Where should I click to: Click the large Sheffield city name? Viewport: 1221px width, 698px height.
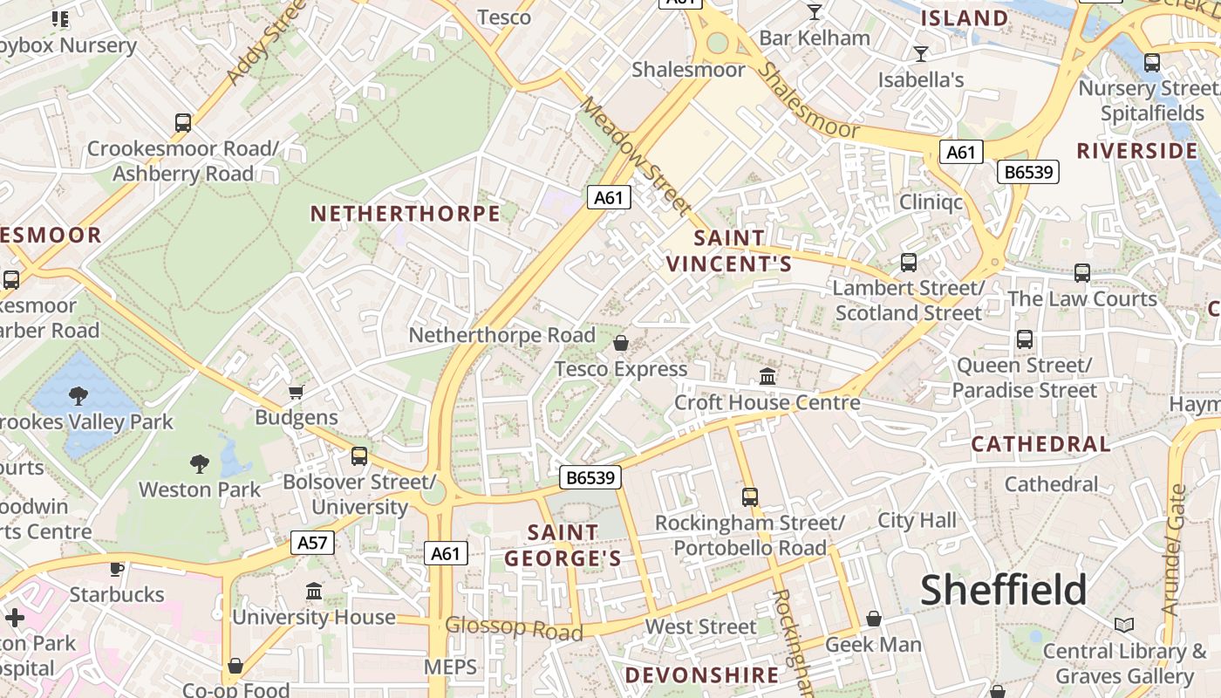(1004, 591)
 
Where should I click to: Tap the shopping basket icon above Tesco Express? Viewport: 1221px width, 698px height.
(621, 343)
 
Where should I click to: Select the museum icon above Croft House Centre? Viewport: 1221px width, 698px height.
(767, 376)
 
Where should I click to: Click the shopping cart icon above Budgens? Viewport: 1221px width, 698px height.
(297, 392)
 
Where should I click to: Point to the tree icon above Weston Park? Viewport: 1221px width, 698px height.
(200, 463)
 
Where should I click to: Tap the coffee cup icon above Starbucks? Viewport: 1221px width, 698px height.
(116, 569)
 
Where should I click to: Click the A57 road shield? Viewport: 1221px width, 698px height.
(312, 543)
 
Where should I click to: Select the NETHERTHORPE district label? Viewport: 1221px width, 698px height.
(406, 214)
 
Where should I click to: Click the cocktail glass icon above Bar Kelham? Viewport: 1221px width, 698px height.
(815, 12)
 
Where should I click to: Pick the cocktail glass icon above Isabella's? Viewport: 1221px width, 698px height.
(921, 54)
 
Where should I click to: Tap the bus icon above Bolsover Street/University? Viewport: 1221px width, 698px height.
(358, 455)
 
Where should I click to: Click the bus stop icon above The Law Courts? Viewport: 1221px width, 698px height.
(1082, 273)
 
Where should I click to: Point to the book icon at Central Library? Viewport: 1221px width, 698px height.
(1124, 625)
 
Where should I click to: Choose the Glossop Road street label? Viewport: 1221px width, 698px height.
(513, 627)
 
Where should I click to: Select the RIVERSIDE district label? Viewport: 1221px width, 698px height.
(1137, 151)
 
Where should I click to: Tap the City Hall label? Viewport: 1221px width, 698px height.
(917, 521)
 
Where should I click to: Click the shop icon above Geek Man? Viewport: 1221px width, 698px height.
(873, 619)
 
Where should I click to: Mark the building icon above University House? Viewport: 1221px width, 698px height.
(314, 592)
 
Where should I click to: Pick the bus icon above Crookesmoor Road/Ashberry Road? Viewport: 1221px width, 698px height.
(182, 123)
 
